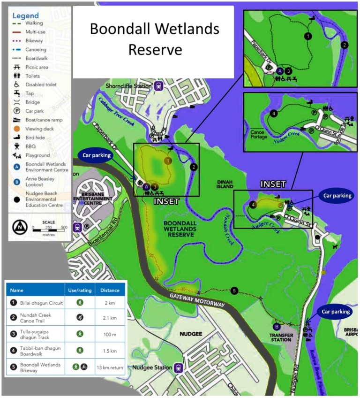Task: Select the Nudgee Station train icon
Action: pyautogui.click(x=179, y=368)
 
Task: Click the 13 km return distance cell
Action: pyautogui.click(x=110, y=367)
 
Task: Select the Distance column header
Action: pyautogui.click(x=110, y=290)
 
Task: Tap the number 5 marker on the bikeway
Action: pyautogui.click(x=234, y=291)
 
